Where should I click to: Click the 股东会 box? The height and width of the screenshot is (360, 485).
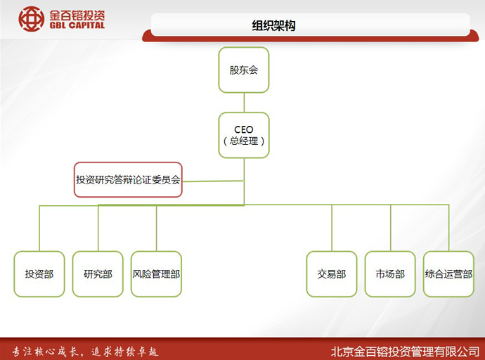click(244, 70)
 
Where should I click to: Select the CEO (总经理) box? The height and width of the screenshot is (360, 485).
click(244, 135)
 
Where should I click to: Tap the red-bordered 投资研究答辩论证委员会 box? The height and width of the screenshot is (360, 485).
click(128, 180)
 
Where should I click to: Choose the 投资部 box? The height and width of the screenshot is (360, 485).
click(39, 274)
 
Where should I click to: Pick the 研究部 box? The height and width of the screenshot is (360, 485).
click(98, 274)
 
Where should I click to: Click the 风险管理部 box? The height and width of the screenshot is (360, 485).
click(156, 274)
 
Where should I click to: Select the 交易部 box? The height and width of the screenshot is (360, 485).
click(332, 274)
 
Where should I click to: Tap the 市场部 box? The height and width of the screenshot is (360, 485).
click(390, 274)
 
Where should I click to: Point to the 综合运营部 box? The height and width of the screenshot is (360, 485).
click(448, 274)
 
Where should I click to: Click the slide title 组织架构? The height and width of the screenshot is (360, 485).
click(273, 25)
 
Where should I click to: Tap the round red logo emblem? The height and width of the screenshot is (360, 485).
click(31, 19)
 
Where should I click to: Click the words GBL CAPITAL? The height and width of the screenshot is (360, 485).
click(77, 25)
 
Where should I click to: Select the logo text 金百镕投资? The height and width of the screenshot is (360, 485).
click(77, 15)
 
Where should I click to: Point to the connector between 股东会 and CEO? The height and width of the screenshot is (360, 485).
click(244, 103)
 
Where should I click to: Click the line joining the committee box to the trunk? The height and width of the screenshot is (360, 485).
click(213, 181)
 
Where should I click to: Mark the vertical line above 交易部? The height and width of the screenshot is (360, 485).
click(332, 228)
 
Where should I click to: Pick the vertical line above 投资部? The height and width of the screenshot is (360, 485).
click(39, 229)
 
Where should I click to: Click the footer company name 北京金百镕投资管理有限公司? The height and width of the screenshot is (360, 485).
click(405, 352)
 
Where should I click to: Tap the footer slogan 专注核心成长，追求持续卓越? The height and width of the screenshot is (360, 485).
click(85, 352)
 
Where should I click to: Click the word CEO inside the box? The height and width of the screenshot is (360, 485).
click(244, 129)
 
